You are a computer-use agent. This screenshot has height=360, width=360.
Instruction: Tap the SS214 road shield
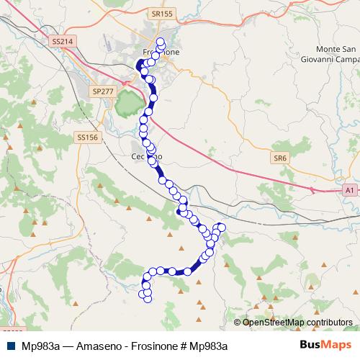click(x=62, y=42)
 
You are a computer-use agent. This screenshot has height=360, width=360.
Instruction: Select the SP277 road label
click(x=103, y=91)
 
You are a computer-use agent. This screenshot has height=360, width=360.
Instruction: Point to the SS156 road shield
click(x=86, y=137)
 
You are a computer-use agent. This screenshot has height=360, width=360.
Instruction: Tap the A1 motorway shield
click(x=349, y=189)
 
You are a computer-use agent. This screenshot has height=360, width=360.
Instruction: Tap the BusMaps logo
click(x=328, y=345)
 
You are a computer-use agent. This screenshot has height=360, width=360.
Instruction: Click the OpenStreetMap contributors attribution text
click(x=297, y=322)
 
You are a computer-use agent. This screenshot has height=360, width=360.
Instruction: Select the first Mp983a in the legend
click(x=40, y=346)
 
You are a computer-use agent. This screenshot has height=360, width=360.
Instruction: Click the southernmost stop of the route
click(x=148, y=298)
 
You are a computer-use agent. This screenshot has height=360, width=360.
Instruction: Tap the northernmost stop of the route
click(x=161, y=41)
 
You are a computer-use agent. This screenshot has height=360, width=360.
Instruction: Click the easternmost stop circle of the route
click(x=222, y=228)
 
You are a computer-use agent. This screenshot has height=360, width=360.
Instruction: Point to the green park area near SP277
click(x=128, y=107)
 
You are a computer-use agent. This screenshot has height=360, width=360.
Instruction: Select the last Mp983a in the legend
click(x=208, y=346)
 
